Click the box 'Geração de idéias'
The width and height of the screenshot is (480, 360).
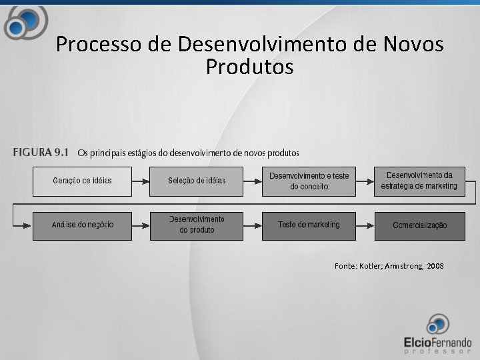click(83, 181)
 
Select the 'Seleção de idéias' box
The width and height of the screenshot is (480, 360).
click(197, 181)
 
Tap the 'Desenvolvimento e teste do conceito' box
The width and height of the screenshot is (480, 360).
click(309, 181)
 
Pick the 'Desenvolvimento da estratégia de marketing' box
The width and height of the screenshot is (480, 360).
click(419, 181)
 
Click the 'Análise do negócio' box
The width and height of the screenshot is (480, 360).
click(83, 225)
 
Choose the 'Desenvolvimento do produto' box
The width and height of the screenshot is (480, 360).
click(197, 225)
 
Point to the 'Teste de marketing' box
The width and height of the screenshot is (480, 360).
click(309, 225)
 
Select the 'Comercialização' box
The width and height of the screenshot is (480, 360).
click(419, 225)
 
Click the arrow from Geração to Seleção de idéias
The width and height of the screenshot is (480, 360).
click(141, 181)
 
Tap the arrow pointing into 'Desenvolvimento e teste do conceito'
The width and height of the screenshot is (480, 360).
click(253, 181)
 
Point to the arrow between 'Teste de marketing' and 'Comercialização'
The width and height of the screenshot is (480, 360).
click(365, 225)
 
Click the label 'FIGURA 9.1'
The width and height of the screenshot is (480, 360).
click(41, 153)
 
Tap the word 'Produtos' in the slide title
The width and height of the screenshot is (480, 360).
click(249, 67)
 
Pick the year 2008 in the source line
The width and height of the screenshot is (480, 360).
click(435, 266)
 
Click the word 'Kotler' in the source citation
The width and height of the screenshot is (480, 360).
click(371, 266)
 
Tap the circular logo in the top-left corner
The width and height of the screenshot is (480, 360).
click(25, 22)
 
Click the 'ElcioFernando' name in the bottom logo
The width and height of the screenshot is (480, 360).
click(437, 343)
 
